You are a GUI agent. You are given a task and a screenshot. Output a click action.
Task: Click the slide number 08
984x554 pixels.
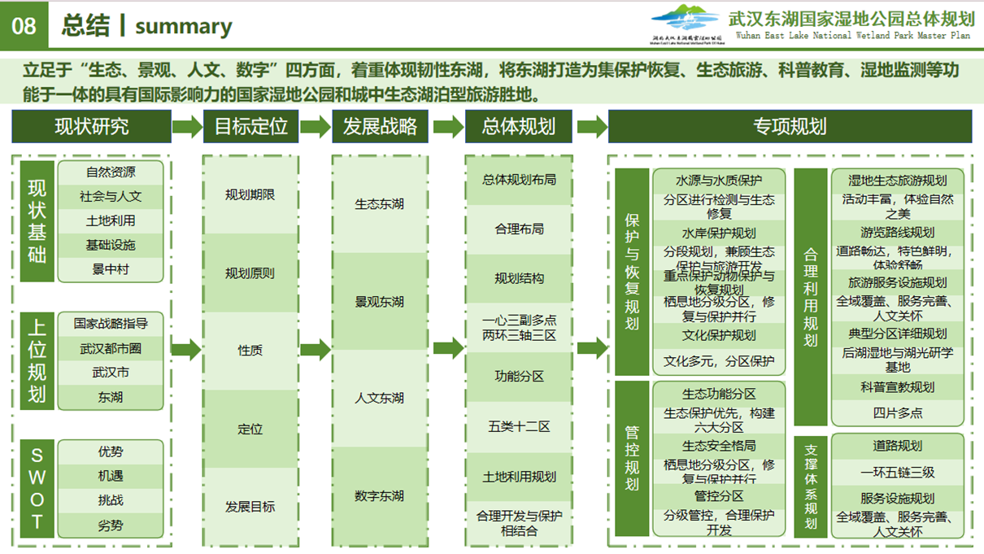(24, 25)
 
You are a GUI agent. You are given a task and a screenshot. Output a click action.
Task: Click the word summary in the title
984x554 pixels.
(183, 26)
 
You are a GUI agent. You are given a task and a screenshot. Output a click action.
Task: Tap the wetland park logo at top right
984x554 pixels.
(686, 24)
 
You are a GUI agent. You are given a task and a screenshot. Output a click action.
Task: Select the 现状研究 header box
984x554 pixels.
(91, 127)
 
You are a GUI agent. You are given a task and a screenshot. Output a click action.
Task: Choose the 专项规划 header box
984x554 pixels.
(789, 127)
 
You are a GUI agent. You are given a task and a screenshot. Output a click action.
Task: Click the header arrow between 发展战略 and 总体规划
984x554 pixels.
(448, 127)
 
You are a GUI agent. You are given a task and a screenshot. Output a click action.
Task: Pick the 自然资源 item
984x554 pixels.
(111, 172)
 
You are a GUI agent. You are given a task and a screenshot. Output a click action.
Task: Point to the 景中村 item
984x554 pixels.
(111, 269)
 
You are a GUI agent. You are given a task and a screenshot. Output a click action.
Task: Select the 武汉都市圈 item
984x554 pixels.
(111, 348)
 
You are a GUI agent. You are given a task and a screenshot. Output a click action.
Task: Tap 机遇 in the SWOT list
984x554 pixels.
(111, 476)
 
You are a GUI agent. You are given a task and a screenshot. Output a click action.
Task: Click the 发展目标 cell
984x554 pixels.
(250, 506)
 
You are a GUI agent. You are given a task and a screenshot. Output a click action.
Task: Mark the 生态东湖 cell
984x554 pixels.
(379, 204)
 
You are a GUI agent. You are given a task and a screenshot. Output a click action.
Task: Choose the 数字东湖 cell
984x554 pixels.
(379, 495)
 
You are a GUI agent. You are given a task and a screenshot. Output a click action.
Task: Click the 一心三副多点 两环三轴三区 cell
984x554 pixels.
(519, 328)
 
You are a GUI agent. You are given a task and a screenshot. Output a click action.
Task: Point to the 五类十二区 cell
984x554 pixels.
(519, 426)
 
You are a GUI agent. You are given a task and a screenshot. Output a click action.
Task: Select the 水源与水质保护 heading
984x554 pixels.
(719, 181)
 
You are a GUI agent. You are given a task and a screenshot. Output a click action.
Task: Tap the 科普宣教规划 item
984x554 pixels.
(898, 387)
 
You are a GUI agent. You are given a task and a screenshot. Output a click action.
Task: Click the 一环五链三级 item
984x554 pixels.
(898, 472)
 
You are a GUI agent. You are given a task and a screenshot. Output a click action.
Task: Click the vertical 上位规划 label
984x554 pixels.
(37, 360)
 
